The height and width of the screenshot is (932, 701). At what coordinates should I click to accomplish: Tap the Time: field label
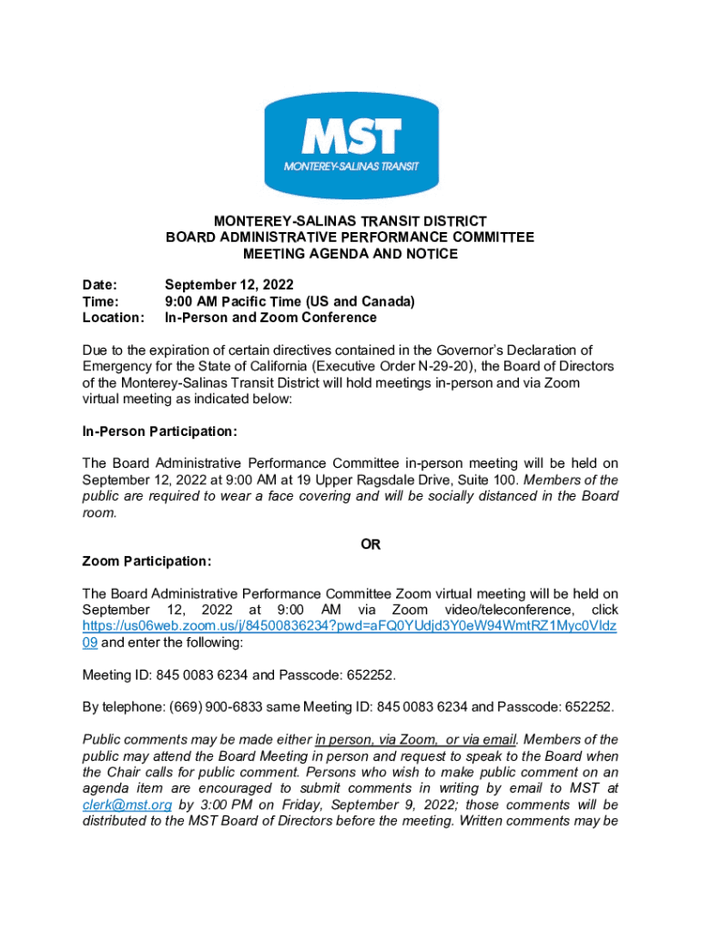(x=100, y=301)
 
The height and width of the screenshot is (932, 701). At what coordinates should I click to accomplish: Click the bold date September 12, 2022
(x=229, y=284)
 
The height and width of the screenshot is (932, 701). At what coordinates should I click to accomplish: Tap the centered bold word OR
(x=371, y=544)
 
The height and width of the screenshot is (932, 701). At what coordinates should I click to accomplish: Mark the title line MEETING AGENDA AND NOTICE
(x=350, y=254)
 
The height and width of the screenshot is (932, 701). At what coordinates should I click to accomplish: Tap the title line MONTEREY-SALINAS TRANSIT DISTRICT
(x=350, y=221)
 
